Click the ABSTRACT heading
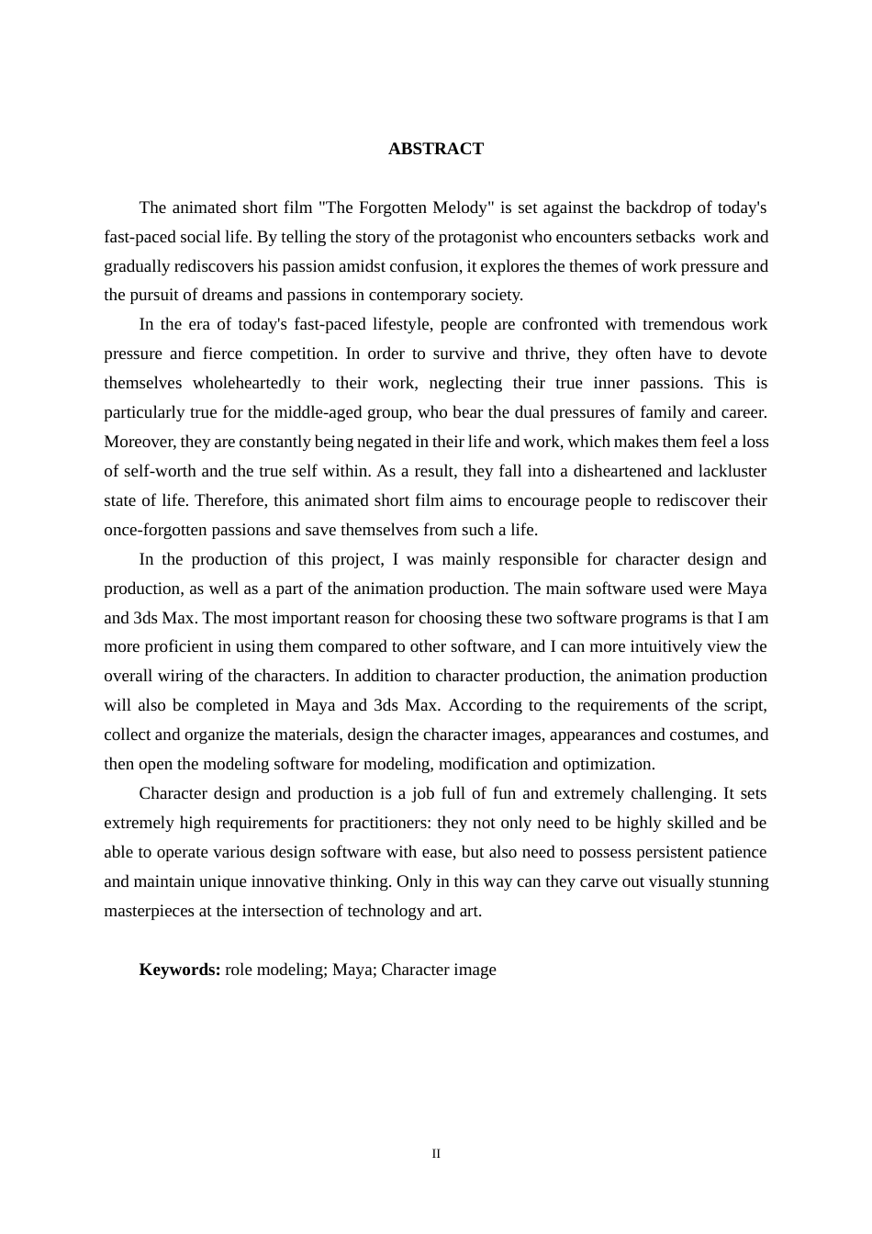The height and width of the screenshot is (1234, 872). click(435, 149)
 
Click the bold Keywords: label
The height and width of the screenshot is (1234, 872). click(179, 970)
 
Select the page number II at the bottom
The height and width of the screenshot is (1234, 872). click(436, 1154)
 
